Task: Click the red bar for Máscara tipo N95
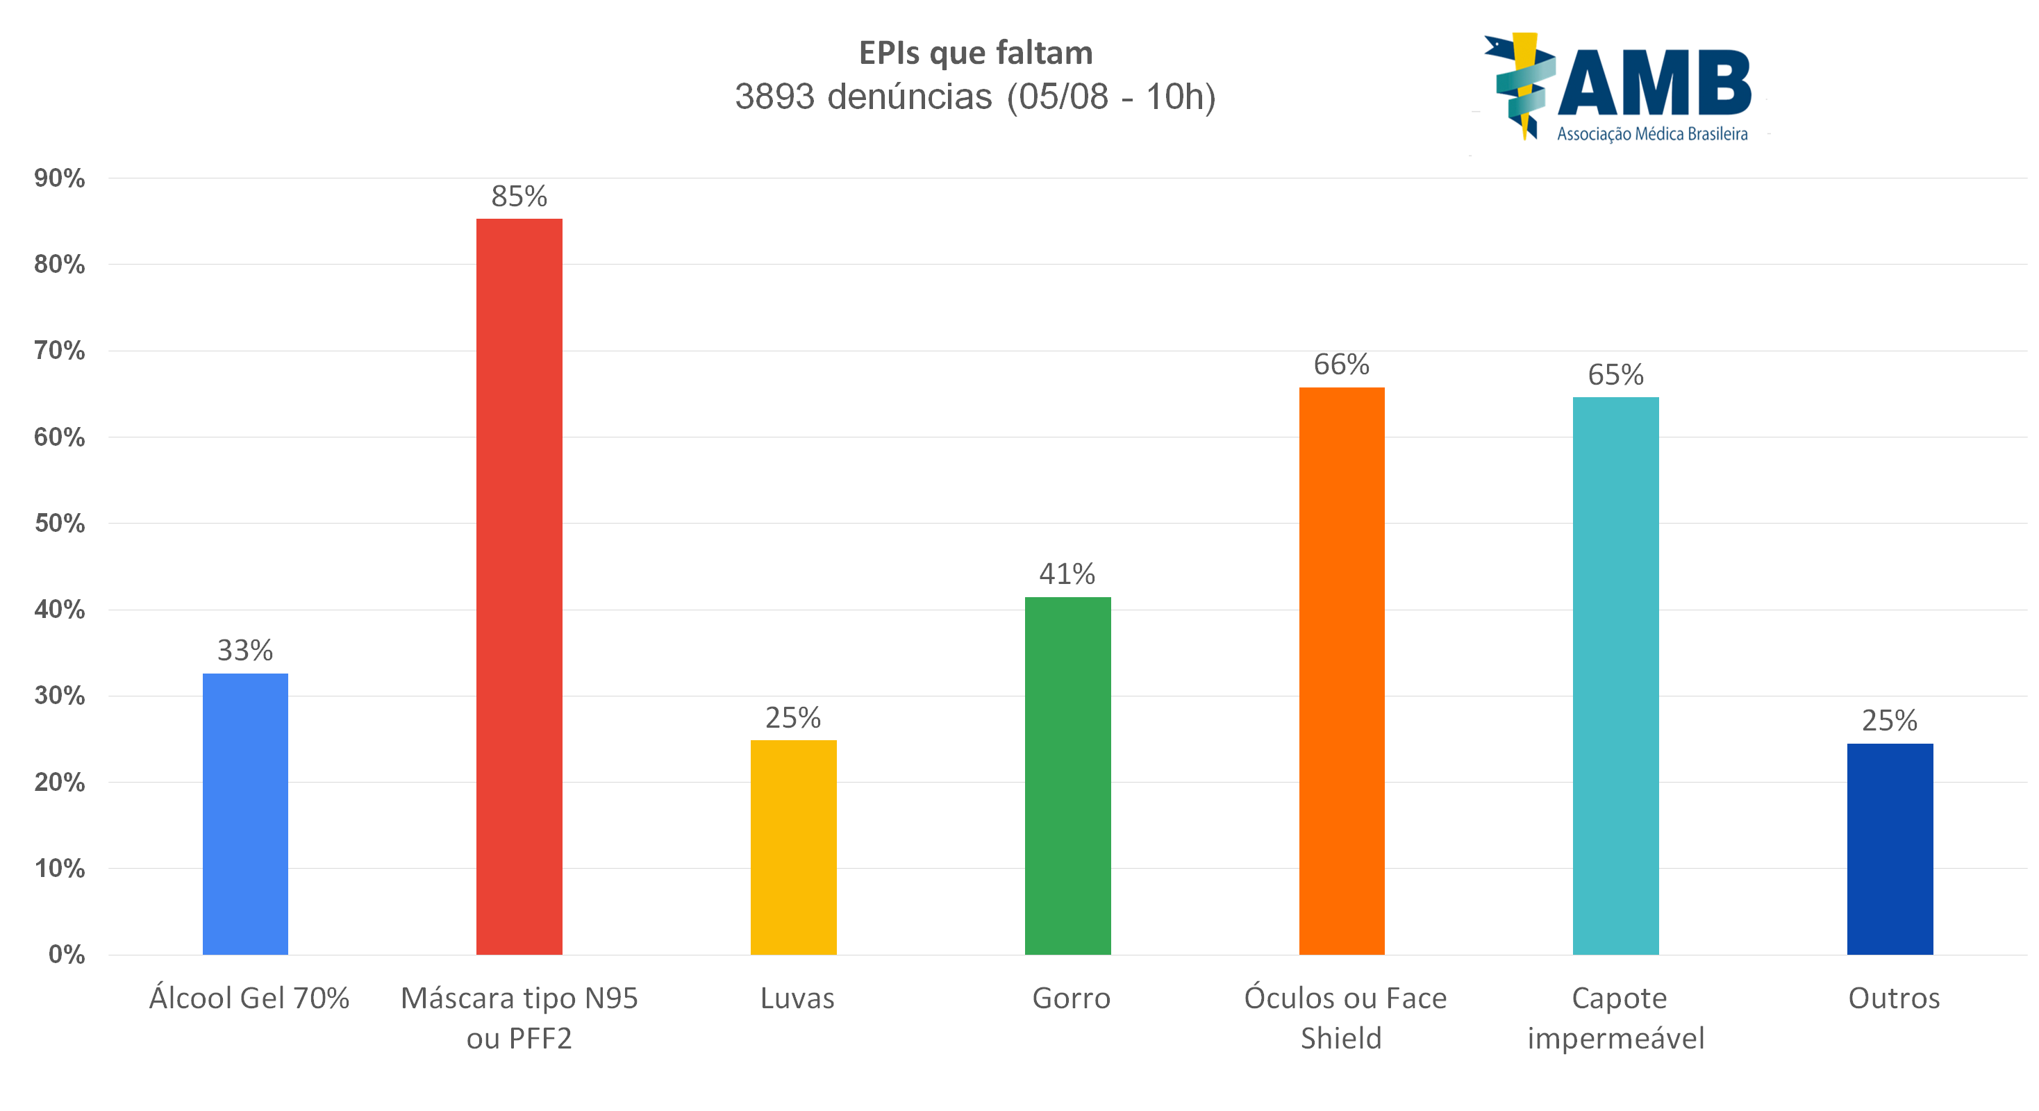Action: (519, 585)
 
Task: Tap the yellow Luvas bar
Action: (793, 846)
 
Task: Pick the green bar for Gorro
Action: (1068, 776)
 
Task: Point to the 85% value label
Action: (519, 197)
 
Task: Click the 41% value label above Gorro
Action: (1067, 574)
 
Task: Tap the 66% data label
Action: (1342, 365)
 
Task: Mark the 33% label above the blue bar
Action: (245, 651)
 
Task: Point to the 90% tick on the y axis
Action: (59, 178)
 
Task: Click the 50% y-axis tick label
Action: (59, 523)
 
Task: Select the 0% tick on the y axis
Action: (67, 954)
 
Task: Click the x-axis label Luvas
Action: (797, 999)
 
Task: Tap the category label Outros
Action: (1894, 999)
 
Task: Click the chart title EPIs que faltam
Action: (976, 53)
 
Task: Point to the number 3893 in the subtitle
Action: (775, 97)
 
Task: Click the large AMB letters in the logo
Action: (1654, 84)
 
